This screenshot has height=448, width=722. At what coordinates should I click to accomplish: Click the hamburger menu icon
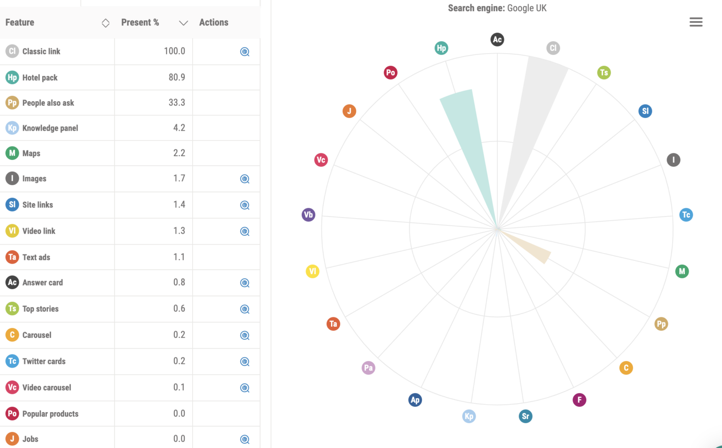pyautogui.click(x=696, y=22)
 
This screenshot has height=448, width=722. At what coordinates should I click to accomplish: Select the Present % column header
pyautogui.click(x=140, y=23)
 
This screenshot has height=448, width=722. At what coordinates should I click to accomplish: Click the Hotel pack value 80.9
pyautogui.click(x=177, y=77)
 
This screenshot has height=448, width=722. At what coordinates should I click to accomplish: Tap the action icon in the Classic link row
pyautogui.click(x=244, y=52)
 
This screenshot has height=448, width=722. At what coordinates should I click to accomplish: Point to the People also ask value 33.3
pyautogui.click(x=177, y=102)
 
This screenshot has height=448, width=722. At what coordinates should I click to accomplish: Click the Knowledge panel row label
pyautogui.click(x=50, y=128)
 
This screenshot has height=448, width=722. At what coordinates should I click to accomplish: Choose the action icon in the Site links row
pyautogui.click(x=244, y=205)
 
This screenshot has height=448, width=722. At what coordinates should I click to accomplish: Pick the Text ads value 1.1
pyautogui.click(x=179, y=257)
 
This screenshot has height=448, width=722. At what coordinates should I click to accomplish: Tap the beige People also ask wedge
pyautogui.click(x=531, y=247)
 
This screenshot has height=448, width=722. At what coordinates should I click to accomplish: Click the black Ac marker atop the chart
pyautogui.click(x=497, y=39)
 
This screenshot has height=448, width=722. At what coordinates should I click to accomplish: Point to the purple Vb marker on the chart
pyautogui.click(x=308, y=215)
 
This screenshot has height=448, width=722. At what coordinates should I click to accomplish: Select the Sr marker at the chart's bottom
pyautogui.click(x=526, y=416)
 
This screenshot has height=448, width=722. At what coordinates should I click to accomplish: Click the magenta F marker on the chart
pyautogui.click(x=579, y=400)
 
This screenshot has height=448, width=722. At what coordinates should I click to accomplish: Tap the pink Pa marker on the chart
pyautogui.click(x=368, y=368)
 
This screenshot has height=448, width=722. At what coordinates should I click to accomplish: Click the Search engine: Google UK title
pyautogui.click(x=497, y=8)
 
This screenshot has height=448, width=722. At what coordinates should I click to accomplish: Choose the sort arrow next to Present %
pyautogui.click(x=183, y=23)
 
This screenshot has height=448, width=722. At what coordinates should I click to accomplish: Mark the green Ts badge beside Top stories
pyautogui.click(x=12, y=309)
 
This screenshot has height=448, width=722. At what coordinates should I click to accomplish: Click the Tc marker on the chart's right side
pyautogui.click(x=686, y=215)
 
